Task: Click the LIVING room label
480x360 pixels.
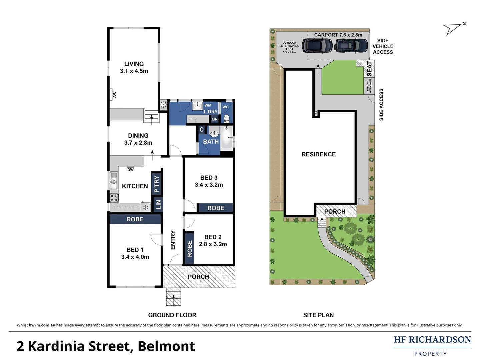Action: coord(134,64)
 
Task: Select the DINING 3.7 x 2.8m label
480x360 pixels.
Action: coord(138,139)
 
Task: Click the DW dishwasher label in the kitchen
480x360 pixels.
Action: coord(130,170)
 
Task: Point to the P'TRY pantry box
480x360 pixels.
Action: coord(156,184)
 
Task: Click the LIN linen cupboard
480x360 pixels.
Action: coord(158,204)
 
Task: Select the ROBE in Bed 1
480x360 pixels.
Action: coord(135,219)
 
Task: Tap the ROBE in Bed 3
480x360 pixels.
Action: coord(216,208)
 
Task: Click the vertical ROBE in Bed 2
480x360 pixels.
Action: coord(190,248)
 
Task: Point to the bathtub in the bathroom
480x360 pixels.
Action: coord(227,137)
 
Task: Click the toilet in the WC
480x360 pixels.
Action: coord(227,118)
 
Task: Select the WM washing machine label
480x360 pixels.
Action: coord(208,105)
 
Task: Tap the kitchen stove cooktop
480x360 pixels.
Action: coord(114,198)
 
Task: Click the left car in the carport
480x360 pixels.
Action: coord(317,46)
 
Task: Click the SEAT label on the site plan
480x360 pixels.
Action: coord(369,69)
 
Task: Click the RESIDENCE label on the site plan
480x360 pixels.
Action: coord(318,154)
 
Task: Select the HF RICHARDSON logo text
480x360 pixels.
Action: coord(432,340)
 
